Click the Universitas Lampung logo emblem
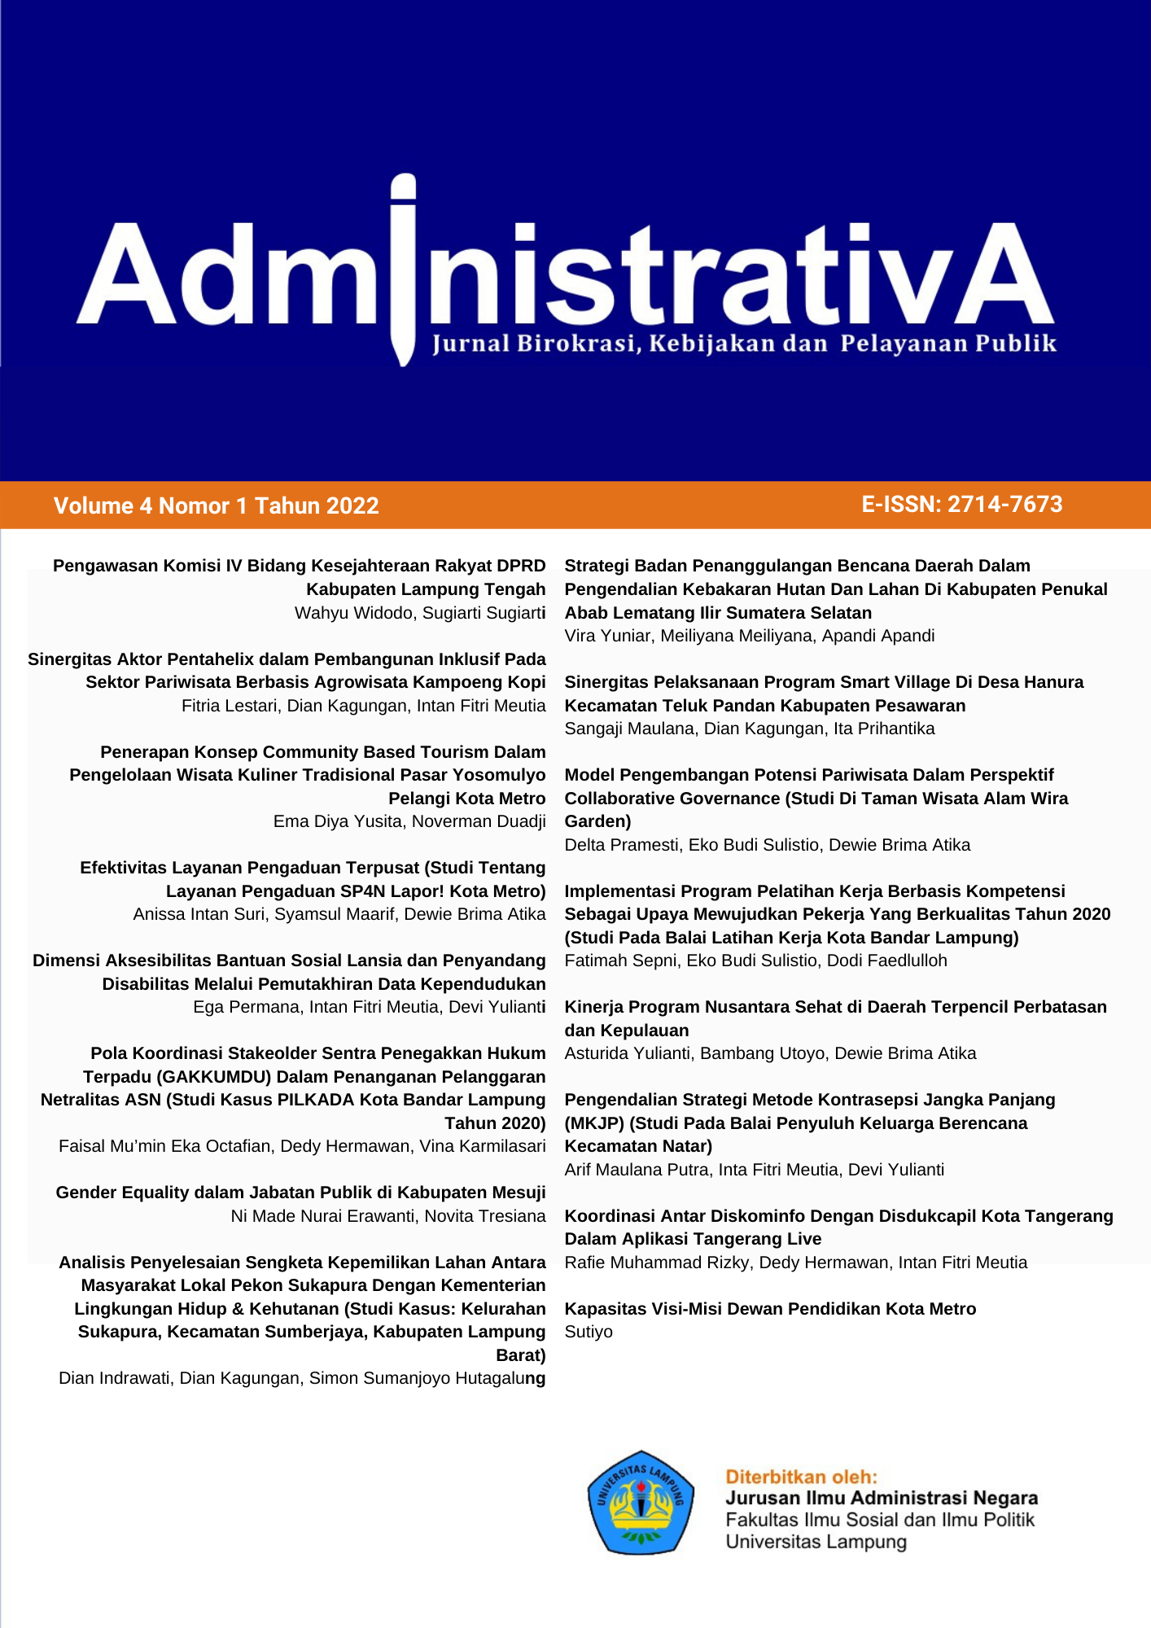(641, 1502)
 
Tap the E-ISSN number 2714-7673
(1004, 505)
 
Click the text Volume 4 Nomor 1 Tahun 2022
(216, 506)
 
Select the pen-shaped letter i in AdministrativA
(403, 269)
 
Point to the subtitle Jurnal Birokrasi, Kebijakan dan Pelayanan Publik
(744, 344)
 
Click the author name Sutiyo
(589, 1332)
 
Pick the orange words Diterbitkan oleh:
(801, 1477)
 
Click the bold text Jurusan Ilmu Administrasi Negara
(882, 1498)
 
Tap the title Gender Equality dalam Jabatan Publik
(300, 1193)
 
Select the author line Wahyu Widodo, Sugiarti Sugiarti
(420, 613)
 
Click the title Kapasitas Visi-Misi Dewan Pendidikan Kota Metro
(770, 1309)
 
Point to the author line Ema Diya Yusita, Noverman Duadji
(409, 821)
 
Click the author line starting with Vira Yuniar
(749, 636)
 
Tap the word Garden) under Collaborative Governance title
(597, 821)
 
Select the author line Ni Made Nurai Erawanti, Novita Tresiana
(388, 1216)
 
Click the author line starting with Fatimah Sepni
(755, 961)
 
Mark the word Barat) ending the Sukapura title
(521, 1355)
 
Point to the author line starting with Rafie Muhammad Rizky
(795, 1263)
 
